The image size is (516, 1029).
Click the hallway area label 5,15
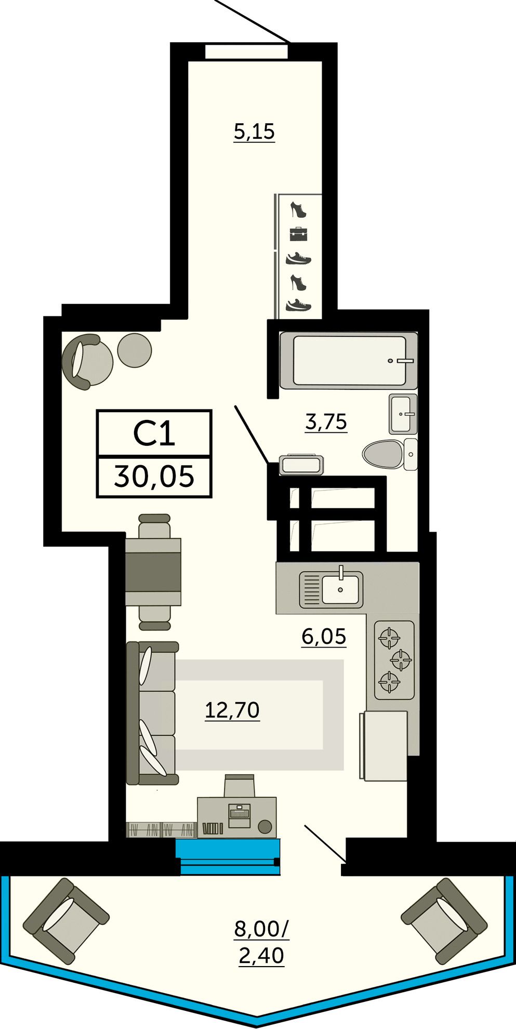254,131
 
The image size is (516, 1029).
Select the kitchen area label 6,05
324,636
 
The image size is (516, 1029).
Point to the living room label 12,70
232,710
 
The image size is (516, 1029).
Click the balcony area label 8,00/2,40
261,941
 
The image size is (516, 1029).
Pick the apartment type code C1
154,433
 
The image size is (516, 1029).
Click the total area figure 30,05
154,476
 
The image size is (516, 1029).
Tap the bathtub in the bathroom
349,361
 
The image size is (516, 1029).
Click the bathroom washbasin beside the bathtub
403,414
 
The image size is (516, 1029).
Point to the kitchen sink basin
341,590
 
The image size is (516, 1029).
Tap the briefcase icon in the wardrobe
298,234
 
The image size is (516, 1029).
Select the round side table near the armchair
135,351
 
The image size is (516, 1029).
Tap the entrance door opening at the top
246,52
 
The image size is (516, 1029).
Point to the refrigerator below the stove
383,746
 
